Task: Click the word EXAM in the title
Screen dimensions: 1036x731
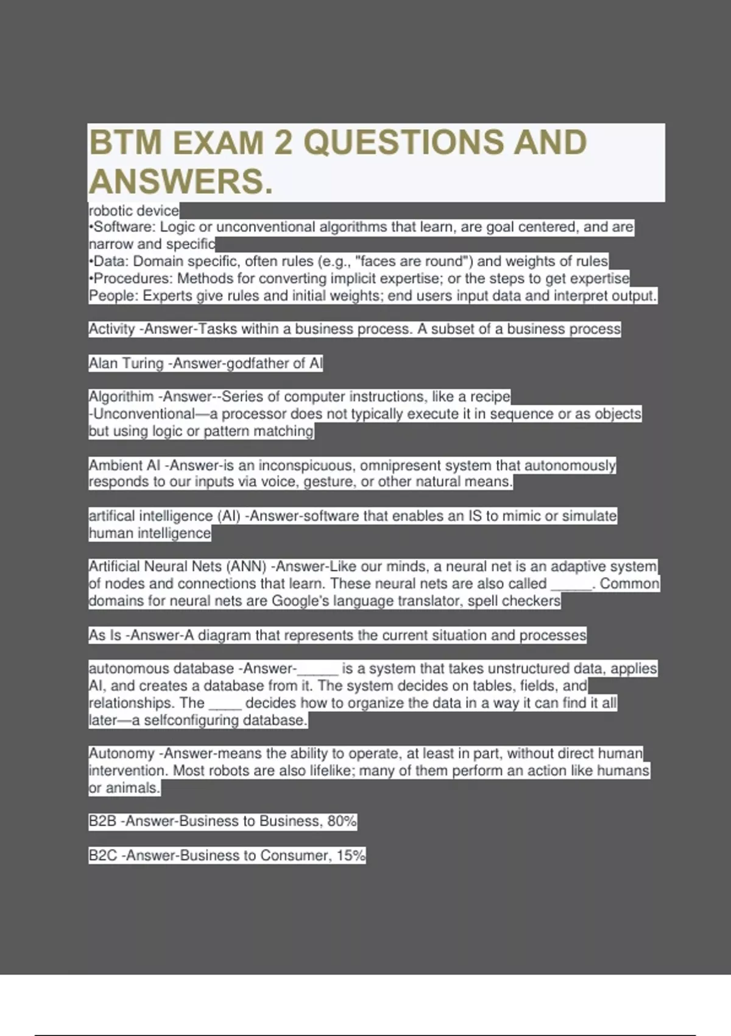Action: coord(219,143)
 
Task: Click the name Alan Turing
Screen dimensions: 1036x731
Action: coord(126,364)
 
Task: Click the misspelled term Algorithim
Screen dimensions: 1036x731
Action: coord(121,397)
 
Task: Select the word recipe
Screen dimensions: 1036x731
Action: coord(490,397)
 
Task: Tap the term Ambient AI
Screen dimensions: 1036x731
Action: coord(125,466)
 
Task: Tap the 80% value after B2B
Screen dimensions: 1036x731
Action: coord(342,821)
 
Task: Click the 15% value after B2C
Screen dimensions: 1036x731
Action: coord(351,856)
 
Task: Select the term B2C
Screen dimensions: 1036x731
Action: coord(103,856)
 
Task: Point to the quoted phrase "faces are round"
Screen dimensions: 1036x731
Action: coord(414,261)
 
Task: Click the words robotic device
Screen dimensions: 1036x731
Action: coord(134,211)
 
